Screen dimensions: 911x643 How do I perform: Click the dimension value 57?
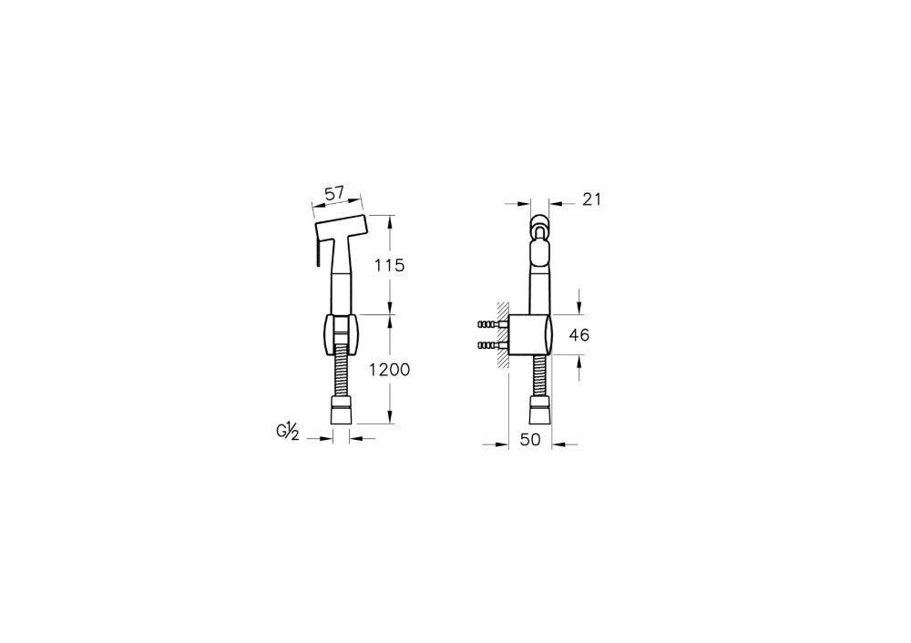click(x=334, y=193)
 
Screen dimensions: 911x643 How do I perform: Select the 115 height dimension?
click(x=389, y=265)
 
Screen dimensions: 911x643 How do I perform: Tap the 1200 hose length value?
click(x=390, y=369)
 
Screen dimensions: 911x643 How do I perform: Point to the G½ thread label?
click(x=287, y=431)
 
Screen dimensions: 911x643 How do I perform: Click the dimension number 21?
click(x=591, y=199)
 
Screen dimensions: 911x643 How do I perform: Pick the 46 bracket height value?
click(x=578, y=335)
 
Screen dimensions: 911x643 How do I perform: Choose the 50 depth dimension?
click(x=530, y=440)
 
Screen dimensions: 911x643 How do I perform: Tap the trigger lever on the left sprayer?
click(x=318, y=250)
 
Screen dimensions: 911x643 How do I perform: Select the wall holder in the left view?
click(x=341, y=334)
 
